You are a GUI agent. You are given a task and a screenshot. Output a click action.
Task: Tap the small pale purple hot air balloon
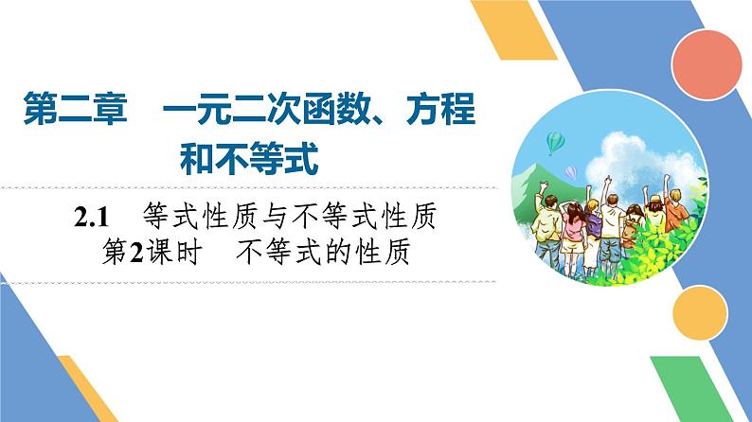coord(571,172)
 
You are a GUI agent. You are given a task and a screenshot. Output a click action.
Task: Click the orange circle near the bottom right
coord(703,309)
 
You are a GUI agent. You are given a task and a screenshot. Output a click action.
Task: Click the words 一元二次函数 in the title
coord(271,114)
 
